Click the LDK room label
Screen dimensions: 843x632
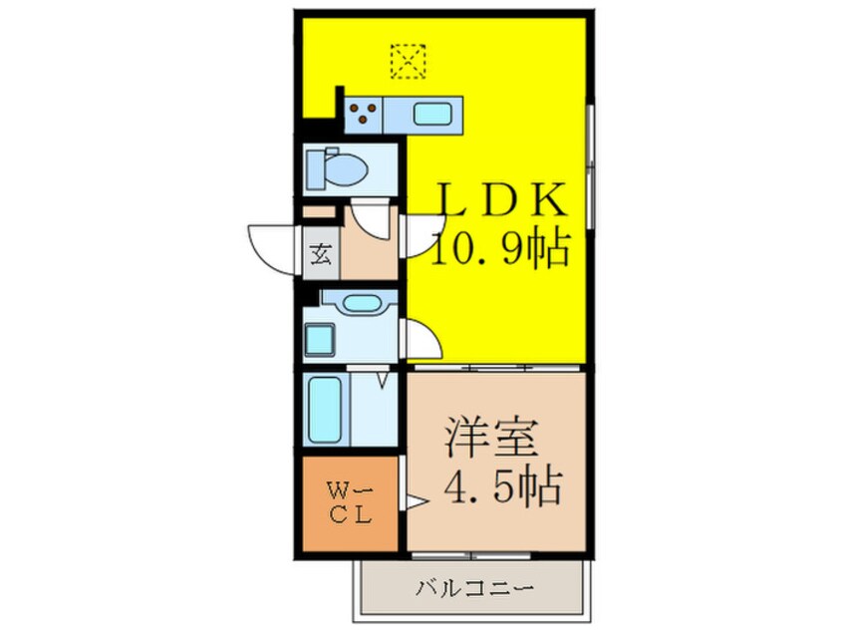pos(503,199)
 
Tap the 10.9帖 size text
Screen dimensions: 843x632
pos(500,249)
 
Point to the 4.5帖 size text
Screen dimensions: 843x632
pos(502,485)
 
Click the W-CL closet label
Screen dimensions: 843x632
pos(350,503)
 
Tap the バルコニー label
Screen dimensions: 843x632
pos(474,588)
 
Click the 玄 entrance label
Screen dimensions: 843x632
pos(321,254)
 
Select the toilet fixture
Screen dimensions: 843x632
pos(336,168)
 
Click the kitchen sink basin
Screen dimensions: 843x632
pos(431,115)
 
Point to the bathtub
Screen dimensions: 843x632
pos(325,410)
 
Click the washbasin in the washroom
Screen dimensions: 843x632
pos(360,304)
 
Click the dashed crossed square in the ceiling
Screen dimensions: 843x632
pos(409,62)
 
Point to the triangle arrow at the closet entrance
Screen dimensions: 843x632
pos(416,501)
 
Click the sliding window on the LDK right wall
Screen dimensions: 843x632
pos(590,165)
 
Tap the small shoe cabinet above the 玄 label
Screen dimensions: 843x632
pos(320,212)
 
